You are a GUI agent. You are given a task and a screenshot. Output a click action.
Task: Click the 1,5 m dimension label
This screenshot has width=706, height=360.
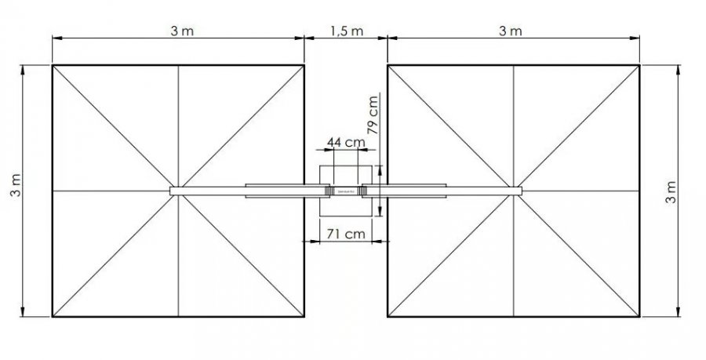coord(347,31)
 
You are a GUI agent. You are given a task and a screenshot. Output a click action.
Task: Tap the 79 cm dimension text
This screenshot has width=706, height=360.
coord(373,115)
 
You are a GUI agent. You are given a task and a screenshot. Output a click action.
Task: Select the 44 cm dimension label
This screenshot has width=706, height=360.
coord(346,142)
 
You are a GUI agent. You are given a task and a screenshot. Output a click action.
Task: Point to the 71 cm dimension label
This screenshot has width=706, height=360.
coord(346,234)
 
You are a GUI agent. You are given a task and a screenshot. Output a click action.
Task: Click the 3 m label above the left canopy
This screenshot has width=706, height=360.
coord(182,31)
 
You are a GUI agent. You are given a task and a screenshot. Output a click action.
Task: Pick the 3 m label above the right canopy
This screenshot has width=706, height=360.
coord(510,31)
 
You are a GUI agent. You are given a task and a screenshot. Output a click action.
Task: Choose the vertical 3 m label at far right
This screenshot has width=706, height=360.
coord(671,192)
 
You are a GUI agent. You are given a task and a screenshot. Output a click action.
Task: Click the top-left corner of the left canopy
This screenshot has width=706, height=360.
coord(53,65)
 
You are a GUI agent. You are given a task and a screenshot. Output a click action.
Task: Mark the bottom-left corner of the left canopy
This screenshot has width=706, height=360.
coord(53,316)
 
